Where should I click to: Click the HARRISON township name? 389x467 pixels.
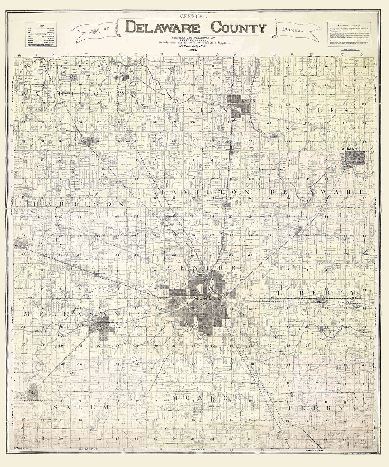coord(78,204)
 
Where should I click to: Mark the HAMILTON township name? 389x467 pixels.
coord(204,192)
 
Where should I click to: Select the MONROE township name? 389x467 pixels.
coord(206,397)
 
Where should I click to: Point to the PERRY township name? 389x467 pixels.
coord(316,408)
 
